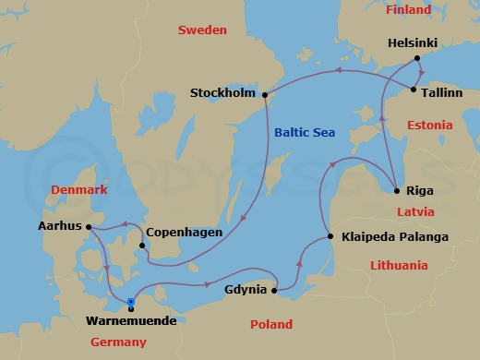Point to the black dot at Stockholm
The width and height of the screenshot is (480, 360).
(x=264, y=94)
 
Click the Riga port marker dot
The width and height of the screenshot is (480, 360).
(x=396, y=191)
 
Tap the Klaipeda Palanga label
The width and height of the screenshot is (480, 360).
(x=394, y=237)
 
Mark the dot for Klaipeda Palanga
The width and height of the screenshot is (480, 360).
(x=331, y=237)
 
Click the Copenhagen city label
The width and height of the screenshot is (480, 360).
(x=185, y=232)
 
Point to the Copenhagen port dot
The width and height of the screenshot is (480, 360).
(x=140, y=246)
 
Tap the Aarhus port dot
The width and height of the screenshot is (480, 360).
(x=88, y=226)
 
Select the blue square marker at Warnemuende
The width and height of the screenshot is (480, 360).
(x=130, y=302)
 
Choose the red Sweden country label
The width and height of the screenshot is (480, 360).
(x=201, y=30)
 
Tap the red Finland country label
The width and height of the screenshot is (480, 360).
(x=408, y=10)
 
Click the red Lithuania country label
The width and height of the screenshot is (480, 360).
(x=399, y=265)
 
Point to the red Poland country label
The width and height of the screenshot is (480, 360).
(x=271, y=325)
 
